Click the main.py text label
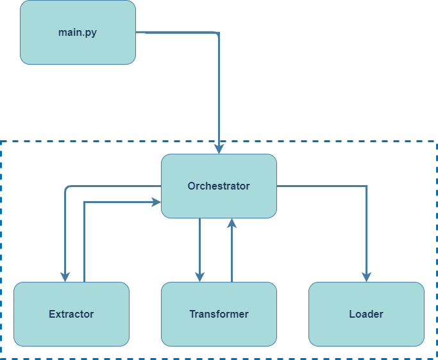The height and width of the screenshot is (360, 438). point(78,32)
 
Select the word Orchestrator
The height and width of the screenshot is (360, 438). point(219,186)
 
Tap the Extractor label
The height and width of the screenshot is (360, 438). point(71,314)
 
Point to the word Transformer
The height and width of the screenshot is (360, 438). point(219,314)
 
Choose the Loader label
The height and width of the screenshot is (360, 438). point(366,314)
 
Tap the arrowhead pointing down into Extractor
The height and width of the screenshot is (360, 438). point(65,277)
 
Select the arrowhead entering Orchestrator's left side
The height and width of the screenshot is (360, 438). point(156,202)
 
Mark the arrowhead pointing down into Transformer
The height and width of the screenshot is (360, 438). point(199,277)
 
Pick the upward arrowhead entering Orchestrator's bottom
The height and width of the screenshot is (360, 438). point(232,223)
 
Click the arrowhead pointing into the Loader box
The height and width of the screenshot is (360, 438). point(366,277)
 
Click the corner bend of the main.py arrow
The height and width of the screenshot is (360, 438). point(218,33)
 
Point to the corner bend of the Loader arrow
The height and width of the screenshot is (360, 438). point(366,186)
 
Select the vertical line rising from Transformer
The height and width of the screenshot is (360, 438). point(232,256)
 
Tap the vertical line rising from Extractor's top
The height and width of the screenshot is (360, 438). point(84,243)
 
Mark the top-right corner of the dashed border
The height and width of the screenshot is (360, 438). point(436,141)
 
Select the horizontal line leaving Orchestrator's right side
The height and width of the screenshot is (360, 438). point(321,186)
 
